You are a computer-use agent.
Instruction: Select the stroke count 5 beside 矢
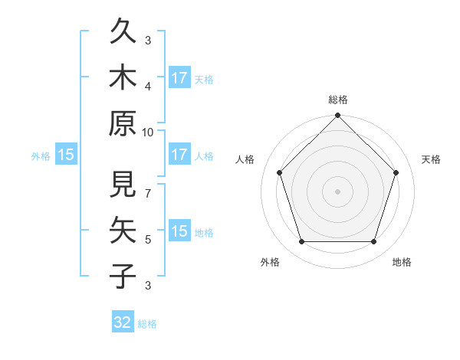coord(148,239)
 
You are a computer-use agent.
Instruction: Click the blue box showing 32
coord(123,322)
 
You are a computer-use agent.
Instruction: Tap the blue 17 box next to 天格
coord(179,77)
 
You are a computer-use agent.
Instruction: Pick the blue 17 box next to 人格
coord(179,155)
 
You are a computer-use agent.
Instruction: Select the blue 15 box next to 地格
coord(179,231)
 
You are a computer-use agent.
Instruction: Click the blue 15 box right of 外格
coord(66,155)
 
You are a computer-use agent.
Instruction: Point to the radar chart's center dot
coord(337,191)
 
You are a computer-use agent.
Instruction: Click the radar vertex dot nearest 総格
coord(337,116)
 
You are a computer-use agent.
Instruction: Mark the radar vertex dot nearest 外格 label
coord(301,242)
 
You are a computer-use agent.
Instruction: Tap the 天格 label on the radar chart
coord(432,159)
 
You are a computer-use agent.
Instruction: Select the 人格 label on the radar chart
coord(245,159)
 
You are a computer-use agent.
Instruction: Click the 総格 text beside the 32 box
coord(147,324)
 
